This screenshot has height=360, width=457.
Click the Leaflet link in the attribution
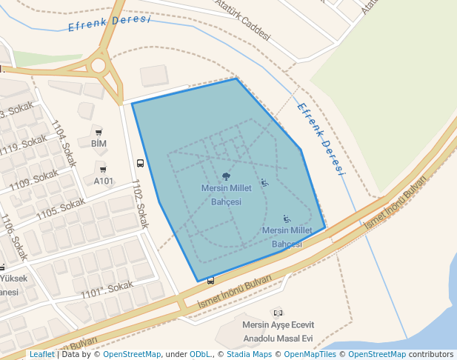[x=41, y=355]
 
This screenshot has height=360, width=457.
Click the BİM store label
[x=99, y=143]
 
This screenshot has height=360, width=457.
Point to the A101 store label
[x=104, y=181]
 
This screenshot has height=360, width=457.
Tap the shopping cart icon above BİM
[x=99, y=132]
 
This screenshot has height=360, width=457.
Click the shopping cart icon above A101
[x=103, y=170]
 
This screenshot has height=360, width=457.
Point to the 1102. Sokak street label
[x=140, y=203]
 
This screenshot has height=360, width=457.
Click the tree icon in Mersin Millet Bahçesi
[x=226, y=176]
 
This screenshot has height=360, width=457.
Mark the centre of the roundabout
[x=99, y=65]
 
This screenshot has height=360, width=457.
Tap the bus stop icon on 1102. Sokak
[x=140, y=163]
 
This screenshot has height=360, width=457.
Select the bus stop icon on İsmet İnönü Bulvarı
[x=211, y=280]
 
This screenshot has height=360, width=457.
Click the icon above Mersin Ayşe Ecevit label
[x=278, y=313]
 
